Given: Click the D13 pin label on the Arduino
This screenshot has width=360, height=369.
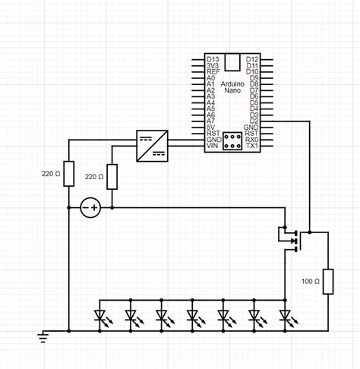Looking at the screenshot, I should point(213,58).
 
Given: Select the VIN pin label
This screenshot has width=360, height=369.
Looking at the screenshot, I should point(213,146).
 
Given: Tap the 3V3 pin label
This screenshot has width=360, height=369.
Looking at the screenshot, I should point(213,65).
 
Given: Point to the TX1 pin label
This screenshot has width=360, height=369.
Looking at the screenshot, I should point(252,146).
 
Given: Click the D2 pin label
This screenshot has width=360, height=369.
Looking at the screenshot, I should point(253,121).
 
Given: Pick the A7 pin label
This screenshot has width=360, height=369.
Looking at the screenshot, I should point(211,121).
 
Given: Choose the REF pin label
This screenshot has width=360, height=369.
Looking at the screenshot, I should point(213,71).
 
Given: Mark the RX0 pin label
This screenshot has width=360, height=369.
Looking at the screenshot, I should point(252,140).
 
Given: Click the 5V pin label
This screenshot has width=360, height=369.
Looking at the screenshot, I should point(212,127).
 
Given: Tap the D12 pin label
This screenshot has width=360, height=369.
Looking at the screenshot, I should point(252,58).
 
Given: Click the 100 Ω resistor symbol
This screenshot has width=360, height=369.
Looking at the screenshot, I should point(328,280).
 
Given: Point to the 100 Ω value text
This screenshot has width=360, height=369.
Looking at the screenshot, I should point(310,281).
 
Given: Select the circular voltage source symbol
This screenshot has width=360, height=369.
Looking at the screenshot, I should point(91,207).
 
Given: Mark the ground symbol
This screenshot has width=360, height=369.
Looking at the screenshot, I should point(44,335).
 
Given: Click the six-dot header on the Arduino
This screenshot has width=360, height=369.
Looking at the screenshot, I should point(232,140).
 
